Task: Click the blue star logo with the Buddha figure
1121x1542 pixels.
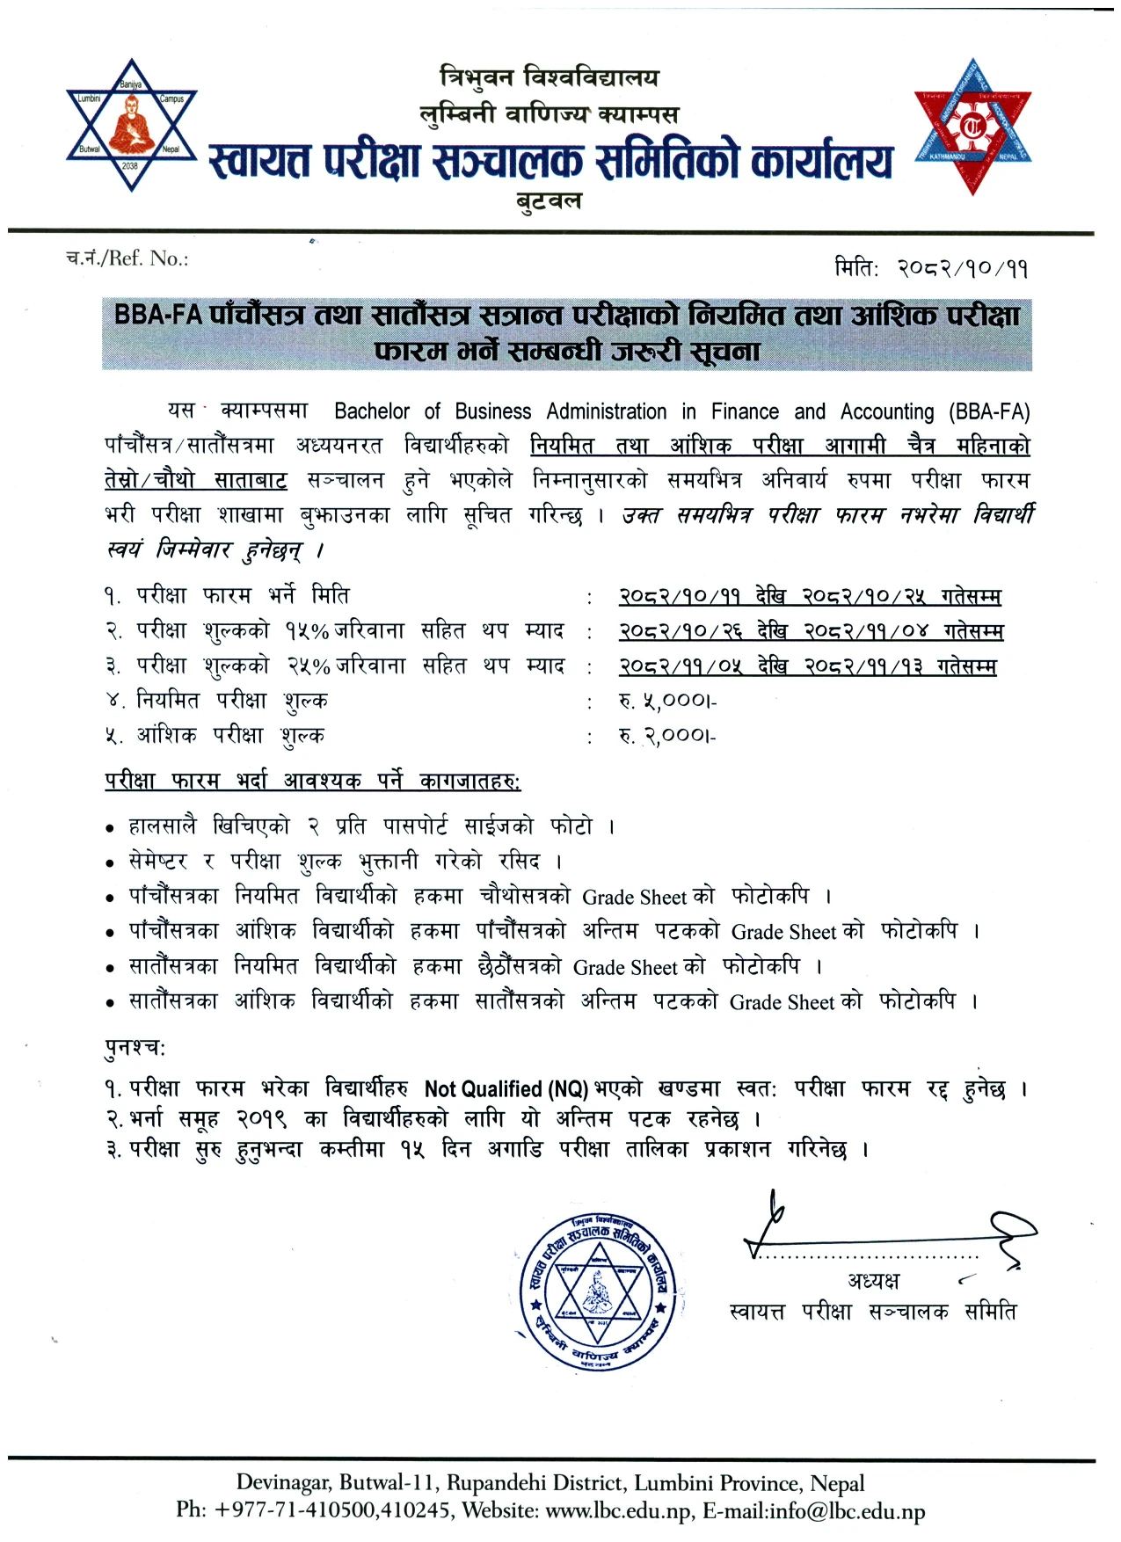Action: pyautogui.click(x=132, y=125)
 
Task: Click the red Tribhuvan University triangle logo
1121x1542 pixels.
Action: pyautogui.click(x=972, y=129)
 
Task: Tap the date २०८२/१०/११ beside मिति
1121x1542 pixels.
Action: pyautogui.click(x=962, y=267)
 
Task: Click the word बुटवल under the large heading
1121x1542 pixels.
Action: pyautogui.click(x=549, y=201)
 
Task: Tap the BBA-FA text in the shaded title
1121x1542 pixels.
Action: pyautogui.click(x=158, y=315)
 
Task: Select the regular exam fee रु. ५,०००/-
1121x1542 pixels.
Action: pyautogui.click(x=668, y=702)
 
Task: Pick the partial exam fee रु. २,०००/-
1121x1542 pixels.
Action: pyautogui.click(x=668, y=736)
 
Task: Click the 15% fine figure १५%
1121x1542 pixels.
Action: pyautogui.click(x=306, y=631)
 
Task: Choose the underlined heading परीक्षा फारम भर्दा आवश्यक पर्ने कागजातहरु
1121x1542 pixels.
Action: pyautogui.click(x=312, y=781)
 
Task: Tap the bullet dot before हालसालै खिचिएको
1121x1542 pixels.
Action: pyautogui.click(x=110, y=828)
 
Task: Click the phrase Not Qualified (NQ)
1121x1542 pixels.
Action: pyautogui.click(x=506, y=1089)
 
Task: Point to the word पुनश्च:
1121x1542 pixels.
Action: pyautogui.click(x=135, y=1048)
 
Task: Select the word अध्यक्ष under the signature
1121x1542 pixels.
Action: pyautogui.click(x=874, y=1280)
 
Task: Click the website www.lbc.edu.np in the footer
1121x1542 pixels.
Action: pyautogui.click(x=618, y=1511)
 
